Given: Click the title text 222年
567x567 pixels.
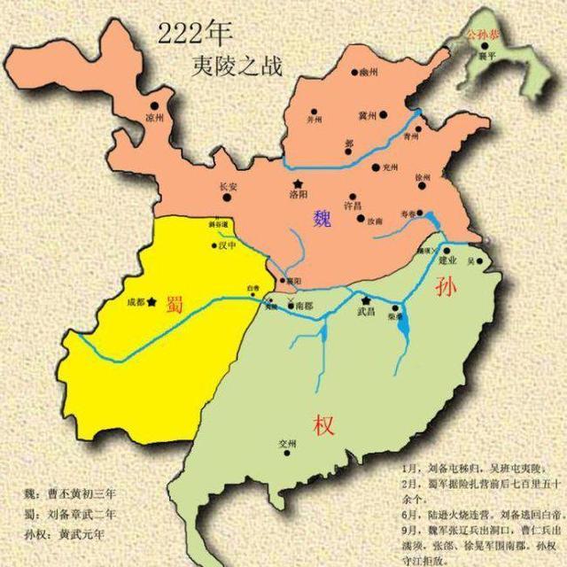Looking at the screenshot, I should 194,34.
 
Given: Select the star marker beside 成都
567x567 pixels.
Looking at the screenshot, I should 152,302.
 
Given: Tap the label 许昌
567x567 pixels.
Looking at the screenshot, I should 353,206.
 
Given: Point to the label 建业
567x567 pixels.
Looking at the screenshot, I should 448,261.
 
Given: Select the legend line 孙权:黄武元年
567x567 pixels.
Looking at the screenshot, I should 61,533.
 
